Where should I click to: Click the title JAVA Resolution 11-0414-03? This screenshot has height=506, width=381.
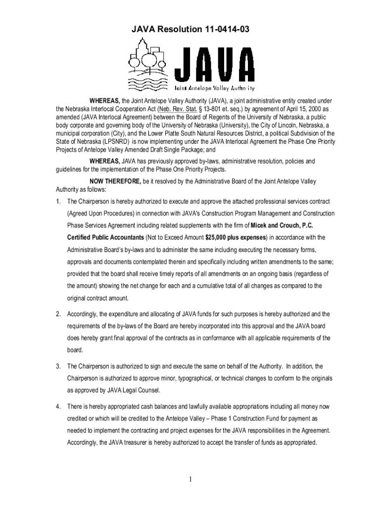(190, 31)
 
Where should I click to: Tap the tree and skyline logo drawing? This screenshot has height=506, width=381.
(147, 64)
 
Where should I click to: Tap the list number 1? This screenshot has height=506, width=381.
(58, 201)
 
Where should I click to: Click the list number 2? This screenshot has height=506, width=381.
(58, 314)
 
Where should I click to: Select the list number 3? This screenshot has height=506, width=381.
(58, 366)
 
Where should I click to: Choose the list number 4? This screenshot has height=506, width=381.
(58, 407)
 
